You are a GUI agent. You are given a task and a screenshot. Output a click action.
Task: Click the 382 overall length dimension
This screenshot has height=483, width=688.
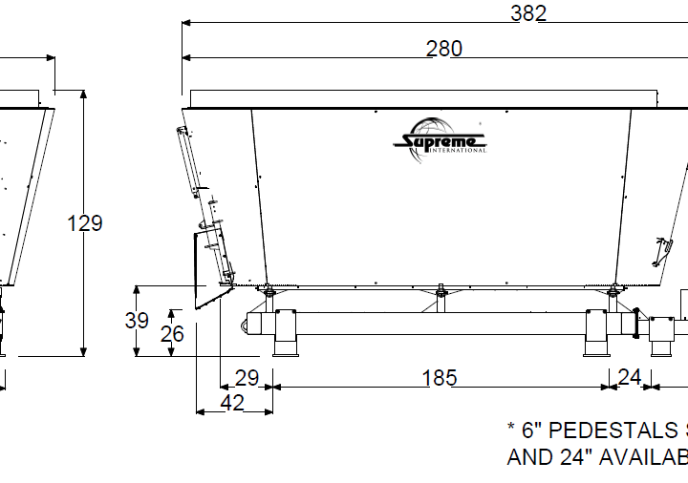tap(527, 12)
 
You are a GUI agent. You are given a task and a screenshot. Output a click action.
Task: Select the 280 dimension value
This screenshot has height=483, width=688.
tap(443, 49)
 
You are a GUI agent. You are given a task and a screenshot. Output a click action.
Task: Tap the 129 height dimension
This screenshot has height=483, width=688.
tap(85, 223)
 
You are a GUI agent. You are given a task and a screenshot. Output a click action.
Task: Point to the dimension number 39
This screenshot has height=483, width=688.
tap(137, 321)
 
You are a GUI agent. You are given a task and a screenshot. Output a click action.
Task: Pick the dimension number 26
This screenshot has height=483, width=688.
tap(172, 333)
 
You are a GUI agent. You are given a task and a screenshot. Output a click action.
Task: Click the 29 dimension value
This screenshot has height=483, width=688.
tap(247, 378)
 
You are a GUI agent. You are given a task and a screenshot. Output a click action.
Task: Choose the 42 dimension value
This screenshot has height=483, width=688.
tap(231, 403)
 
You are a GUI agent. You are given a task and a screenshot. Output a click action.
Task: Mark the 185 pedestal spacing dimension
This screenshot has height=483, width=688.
tap(440, 378)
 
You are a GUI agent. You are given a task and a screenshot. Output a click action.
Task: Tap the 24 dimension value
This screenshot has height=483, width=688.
tap(629, 378)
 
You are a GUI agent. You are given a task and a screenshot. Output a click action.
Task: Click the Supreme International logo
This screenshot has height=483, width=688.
tap(441, 143)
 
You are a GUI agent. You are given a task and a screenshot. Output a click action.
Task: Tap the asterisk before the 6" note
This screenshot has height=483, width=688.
tap(511, 428)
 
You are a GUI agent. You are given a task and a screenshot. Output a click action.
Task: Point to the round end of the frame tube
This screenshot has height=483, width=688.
tap(250, 326)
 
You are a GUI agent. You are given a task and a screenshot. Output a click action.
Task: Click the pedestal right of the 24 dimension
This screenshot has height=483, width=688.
tap(661, 336)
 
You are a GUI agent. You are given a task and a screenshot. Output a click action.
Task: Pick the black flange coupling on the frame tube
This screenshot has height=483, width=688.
tap(634, 322)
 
